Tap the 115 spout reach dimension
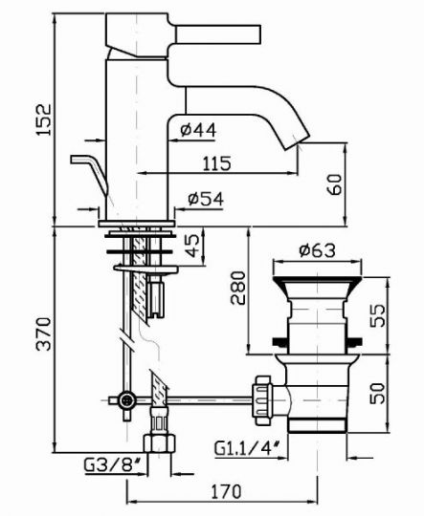217,162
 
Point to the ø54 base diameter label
198,199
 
